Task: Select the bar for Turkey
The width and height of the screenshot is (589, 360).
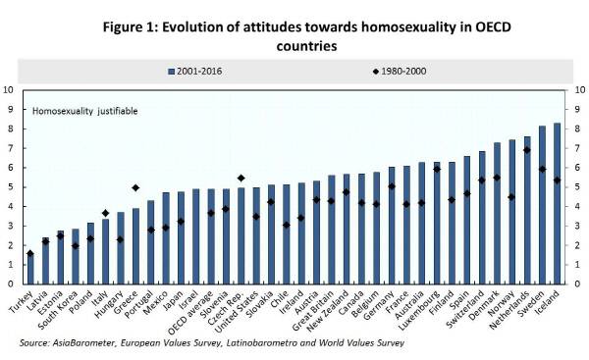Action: (x=30, y=269)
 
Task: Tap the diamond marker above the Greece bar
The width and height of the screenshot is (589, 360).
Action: (x=135, y=187)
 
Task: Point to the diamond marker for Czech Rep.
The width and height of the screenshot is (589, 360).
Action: (x=241, y=178)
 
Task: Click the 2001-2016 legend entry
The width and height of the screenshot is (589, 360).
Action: (x=220, y=71)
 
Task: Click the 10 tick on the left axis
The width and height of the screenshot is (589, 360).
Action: (x=9, y=90)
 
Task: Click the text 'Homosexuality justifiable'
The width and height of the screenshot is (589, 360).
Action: (x=85, y=111)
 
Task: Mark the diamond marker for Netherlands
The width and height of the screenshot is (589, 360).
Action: (x=527, y=150)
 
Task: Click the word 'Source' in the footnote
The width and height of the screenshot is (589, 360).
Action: (x=34, y=344)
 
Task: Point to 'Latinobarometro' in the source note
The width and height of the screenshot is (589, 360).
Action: (x=270, y=344)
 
